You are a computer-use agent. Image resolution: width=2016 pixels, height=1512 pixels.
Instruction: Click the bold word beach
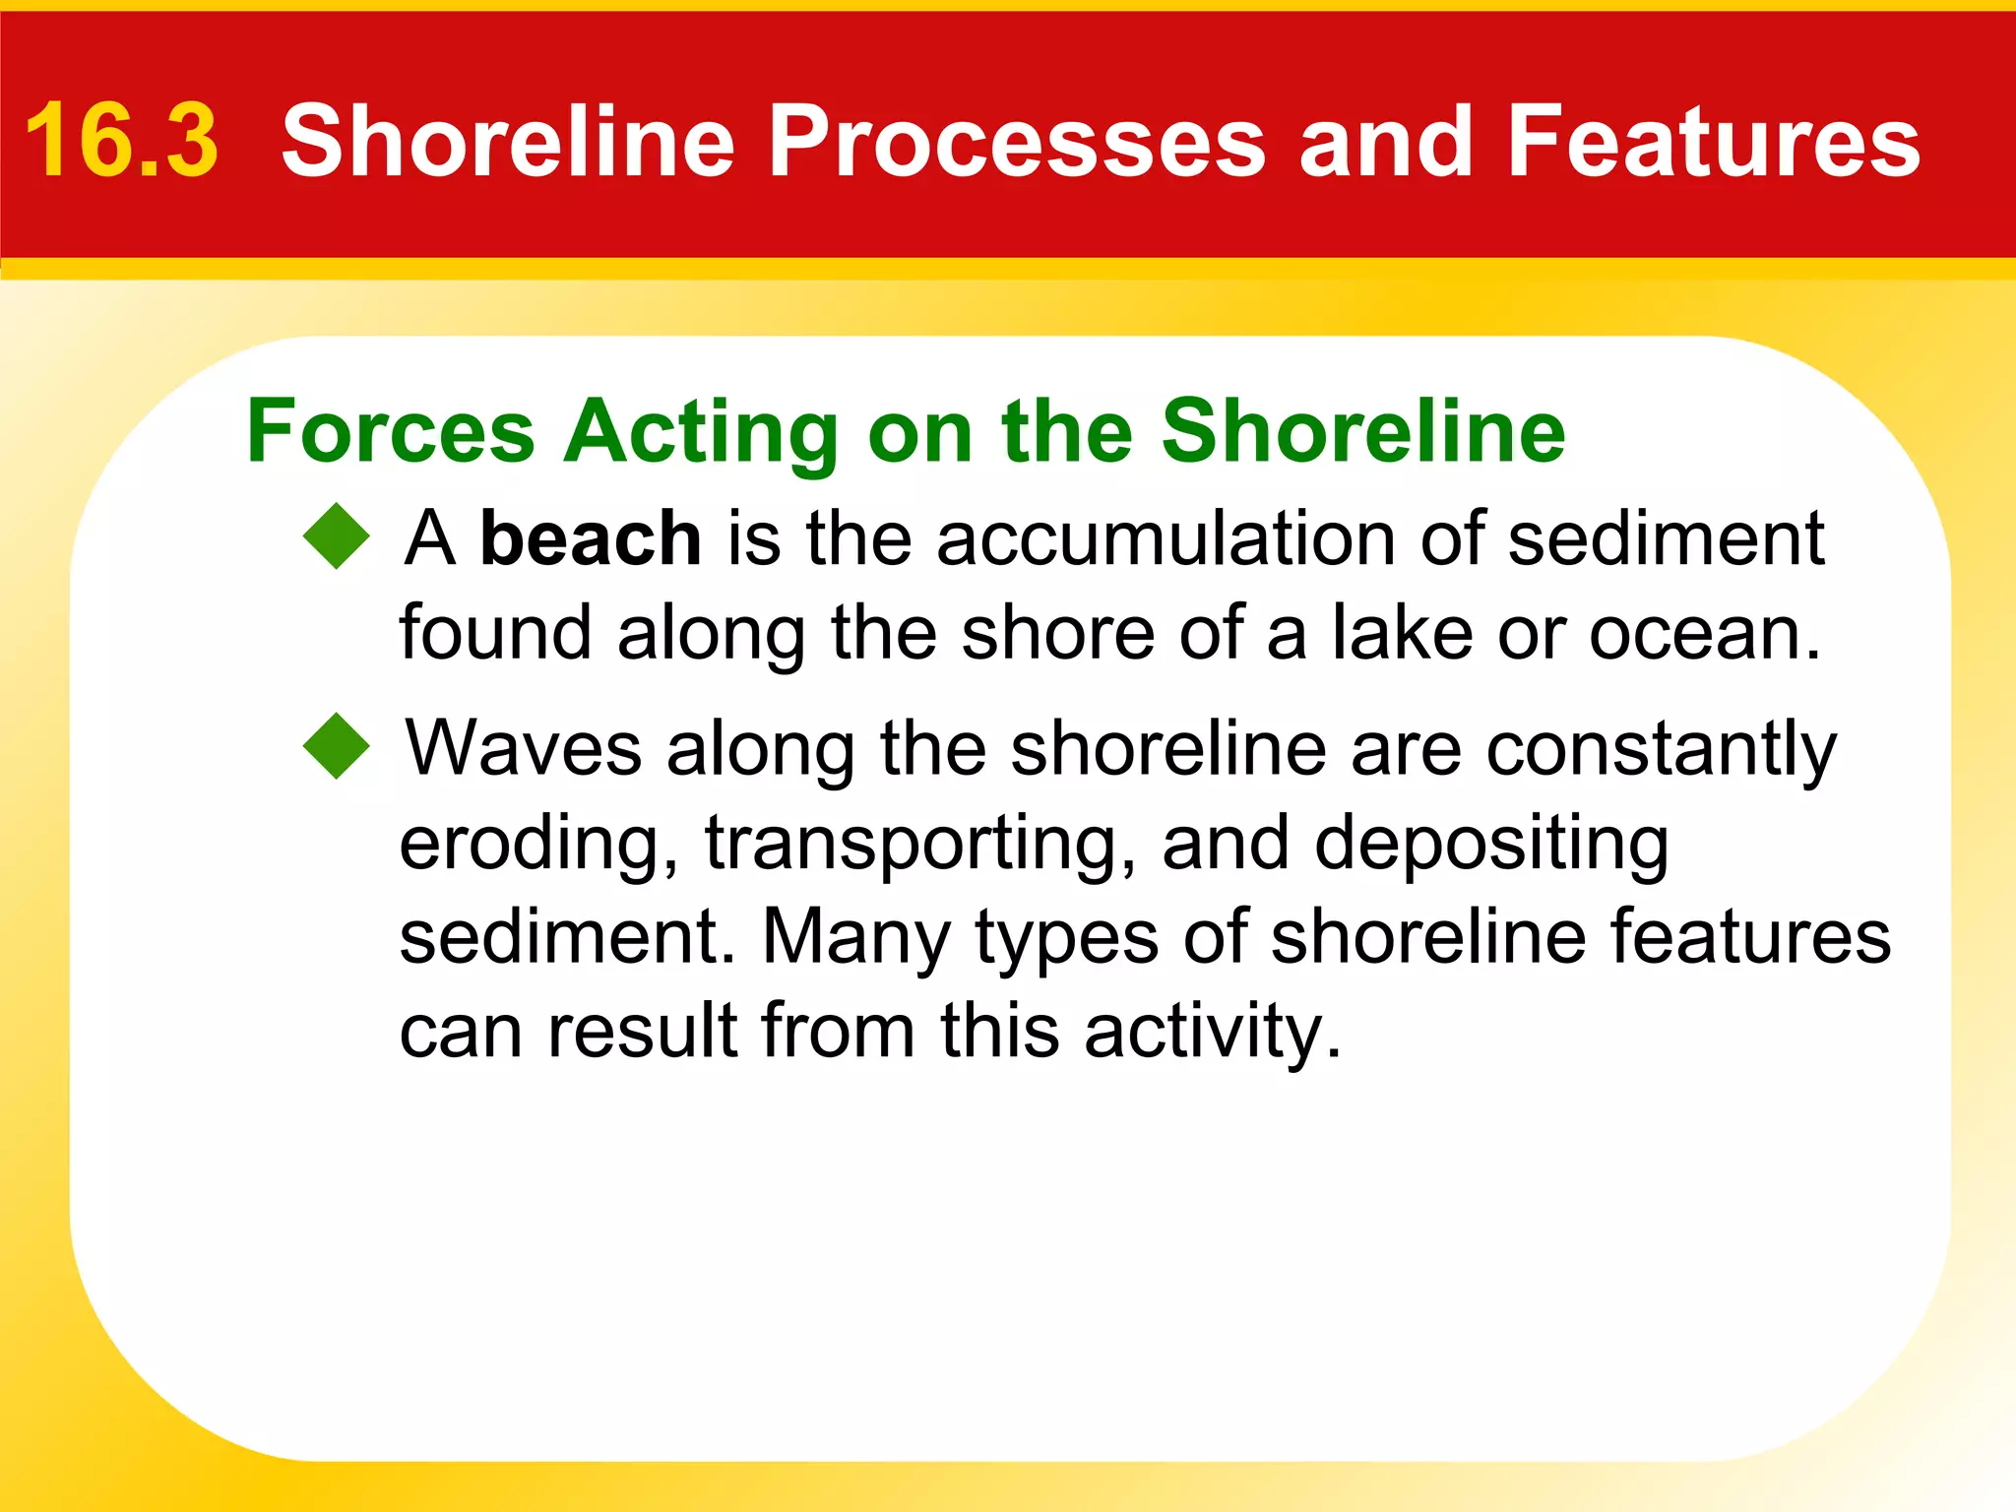[590, 538]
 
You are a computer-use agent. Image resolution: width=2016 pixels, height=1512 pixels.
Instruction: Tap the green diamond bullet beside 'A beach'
[337, 536]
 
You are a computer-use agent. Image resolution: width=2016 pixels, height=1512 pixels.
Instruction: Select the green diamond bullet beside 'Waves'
[337, 746]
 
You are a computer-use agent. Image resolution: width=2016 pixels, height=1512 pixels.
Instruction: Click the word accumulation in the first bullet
[1166, 538]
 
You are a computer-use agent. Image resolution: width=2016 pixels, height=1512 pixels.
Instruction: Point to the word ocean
[1703, 633]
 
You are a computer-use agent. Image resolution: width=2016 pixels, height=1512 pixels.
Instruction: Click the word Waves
[524, 748]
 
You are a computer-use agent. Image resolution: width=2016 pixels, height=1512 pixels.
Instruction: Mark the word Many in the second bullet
[855, 938]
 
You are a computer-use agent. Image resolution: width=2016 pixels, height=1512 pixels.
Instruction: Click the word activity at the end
[1213, 1032]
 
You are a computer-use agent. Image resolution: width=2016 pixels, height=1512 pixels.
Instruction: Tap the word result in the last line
[642, 1031]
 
